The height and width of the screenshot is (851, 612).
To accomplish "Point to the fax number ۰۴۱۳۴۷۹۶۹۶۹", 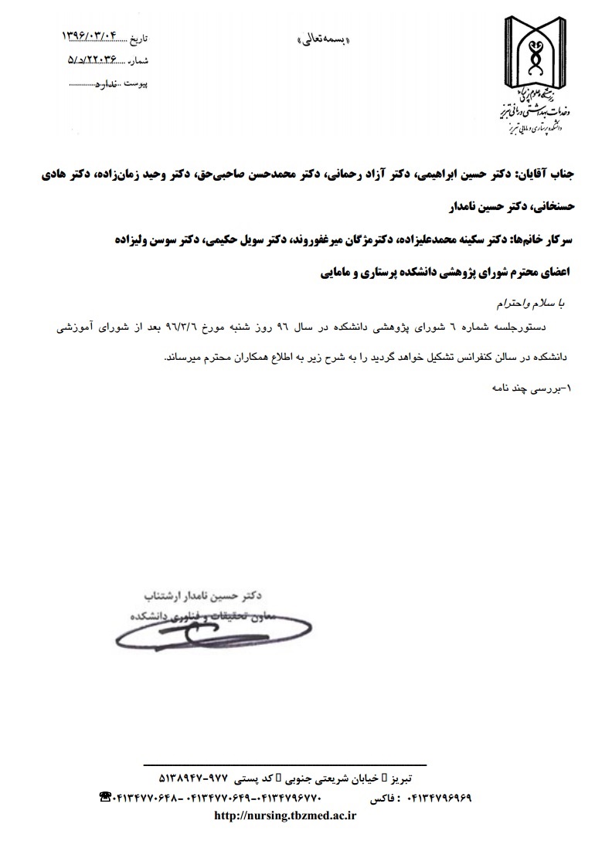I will (438, 797).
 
